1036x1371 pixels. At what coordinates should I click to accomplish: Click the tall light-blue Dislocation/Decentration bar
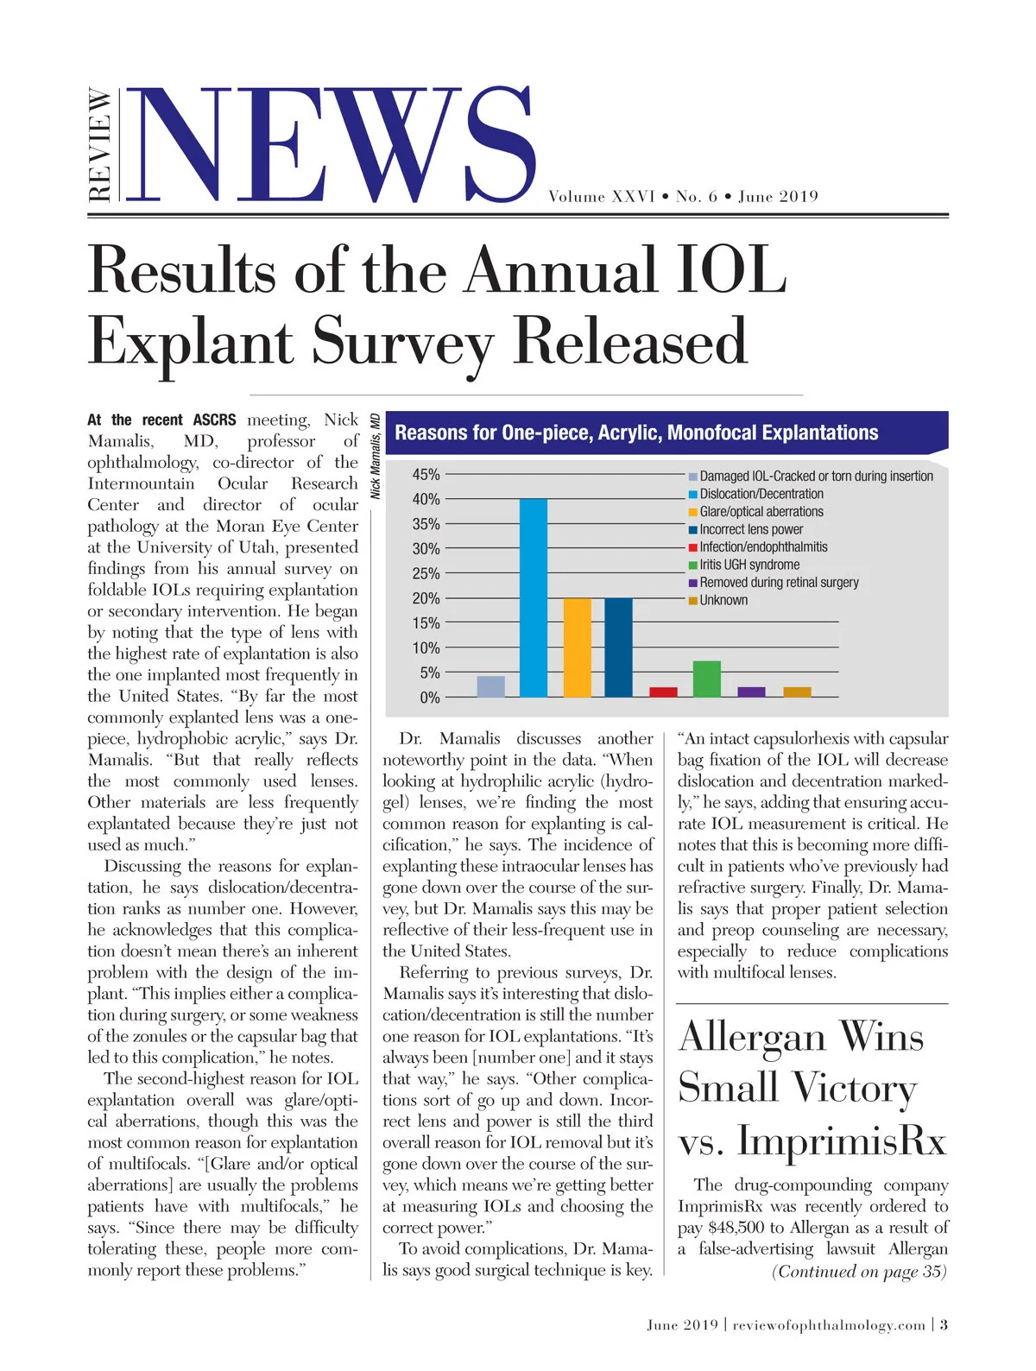[x=533, y=597]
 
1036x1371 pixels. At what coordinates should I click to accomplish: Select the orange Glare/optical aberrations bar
[x=577, y=648]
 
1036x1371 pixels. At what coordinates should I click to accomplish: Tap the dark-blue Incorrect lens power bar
[x=618, y=648]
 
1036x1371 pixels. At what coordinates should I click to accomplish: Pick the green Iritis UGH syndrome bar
[x=706, y=679]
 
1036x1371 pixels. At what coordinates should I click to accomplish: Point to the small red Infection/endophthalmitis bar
[x=663, y=692]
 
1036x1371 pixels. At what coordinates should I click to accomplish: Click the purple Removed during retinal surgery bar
[x=751, y=692]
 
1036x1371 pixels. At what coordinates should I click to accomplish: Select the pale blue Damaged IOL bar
[x=490, y=686]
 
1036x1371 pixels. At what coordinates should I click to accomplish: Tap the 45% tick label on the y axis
[x=426, y=475]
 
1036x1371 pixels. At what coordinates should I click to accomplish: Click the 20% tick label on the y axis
[x=426, y=598]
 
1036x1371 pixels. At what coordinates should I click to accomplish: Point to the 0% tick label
[x=429, y=698]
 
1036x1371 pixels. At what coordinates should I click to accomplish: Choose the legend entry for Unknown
[x=723, y=601]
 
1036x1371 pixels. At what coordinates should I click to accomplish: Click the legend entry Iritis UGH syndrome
[x=749, y=565]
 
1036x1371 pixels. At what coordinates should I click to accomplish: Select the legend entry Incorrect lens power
[x=750, y=529]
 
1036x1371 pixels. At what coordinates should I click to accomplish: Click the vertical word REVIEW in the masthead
[x=101, y=145]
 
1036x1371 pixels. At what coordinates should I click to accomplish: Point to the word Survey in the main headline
[x=401, y=343]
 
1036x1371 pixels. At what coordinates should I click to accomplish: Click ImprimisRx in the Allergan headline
[x=842, y=1141]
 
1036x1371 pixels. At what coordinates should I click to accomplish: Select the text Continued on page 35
[x=859, y=1272]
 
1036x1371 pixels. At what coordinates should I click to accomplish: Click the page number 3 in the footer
[x=944, y=1325]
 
